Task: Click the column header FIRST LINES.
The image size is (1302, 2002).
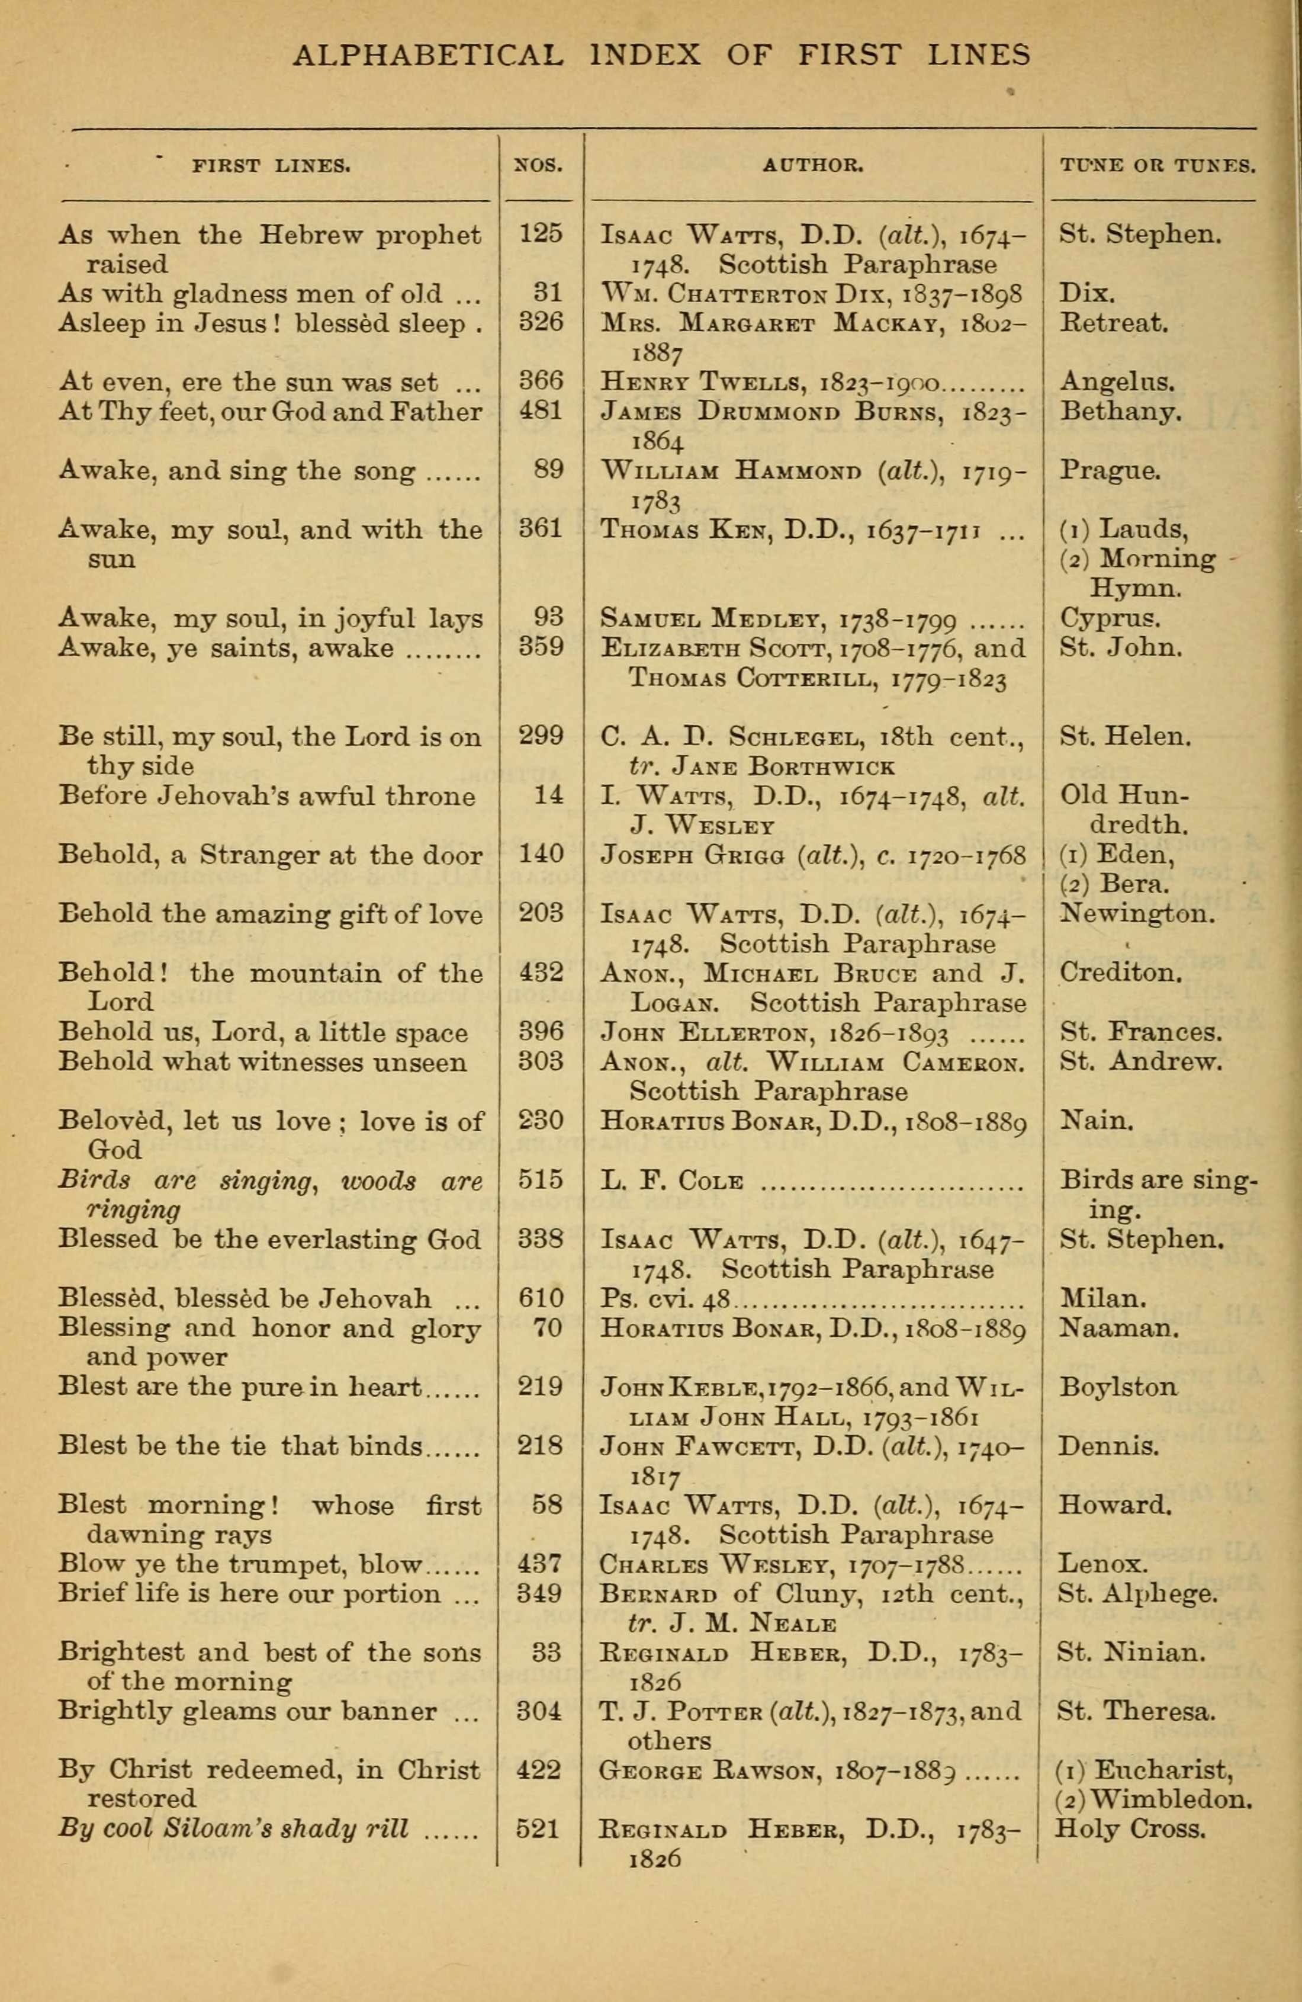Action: point(271,166)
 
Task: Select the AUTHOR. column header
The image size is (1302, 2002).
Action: point(812,166)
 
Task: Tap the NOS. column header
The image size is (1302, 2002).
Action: point(538,166)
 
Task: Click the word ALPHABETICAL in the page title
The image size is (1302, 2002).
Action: point(428,56)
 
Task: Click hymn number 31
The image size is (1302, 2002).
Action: point(548,293)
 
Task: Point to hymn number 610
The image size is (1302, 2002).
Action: point(540,1298)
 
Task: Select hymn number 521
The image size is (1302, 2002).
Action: point(538,1828)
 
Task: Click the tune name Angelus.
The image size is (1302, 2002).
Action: point(1116,382)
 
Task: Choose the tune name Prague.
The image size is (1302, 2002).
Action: point(1110,470)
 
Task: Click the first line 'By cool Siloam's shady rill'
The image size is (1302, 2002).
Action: point(234,1828)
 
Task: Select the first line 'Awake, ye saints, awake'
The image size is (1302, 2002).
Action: point(226,649)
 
